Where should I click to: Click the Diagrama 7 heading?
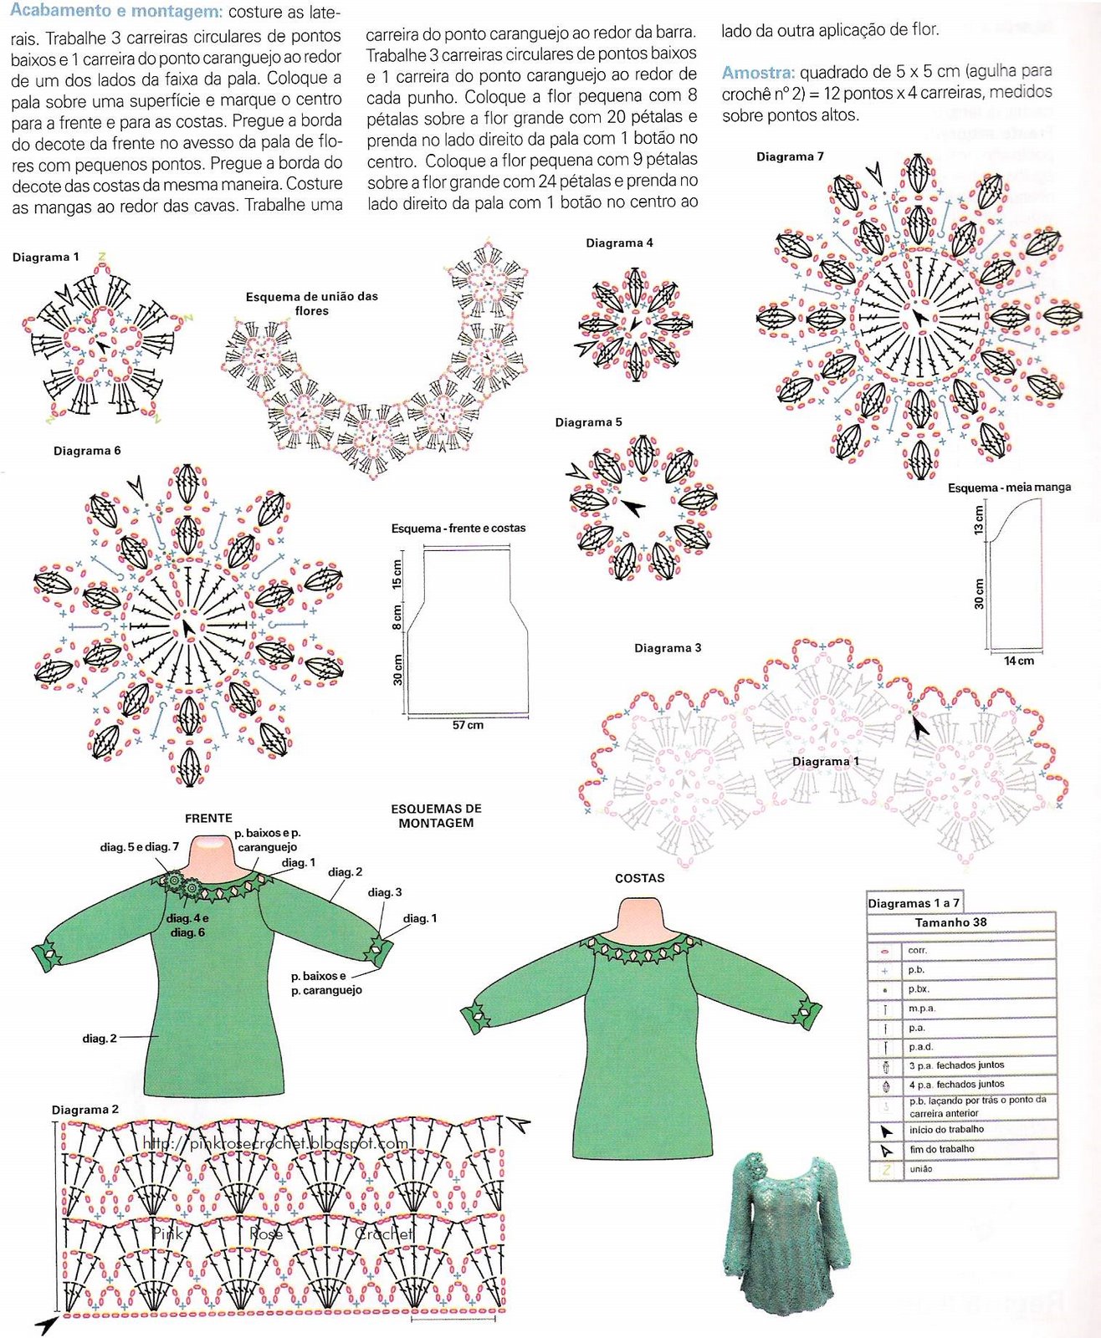(790, 156)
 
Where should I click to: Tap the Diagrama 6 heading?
(87, 451)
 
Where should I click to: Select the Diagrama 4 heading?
(619, 243)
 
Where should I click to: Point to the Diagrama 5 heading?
(588, 422)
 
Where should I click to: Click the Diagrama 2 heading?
(85, 1110)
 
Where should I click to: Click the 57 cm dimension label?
(468, 725)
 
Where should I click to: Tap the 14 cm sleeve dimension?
(1018, 661)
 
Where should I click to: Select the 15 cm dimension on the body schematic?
(397, 574)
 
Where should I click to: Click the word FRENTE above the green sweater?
(208, 818)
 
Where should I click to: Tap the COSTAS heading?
(639, 878)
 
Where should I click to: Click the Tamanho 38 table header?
(953, 922)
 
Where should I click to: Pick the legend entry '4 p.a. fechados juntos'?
(956, 1085)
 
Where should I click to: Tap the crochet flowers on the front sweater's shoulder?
(182, 886)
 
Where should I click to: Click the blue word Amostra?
(758, 72)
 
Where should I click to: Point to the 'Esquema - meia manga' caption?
(1009, 487)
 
